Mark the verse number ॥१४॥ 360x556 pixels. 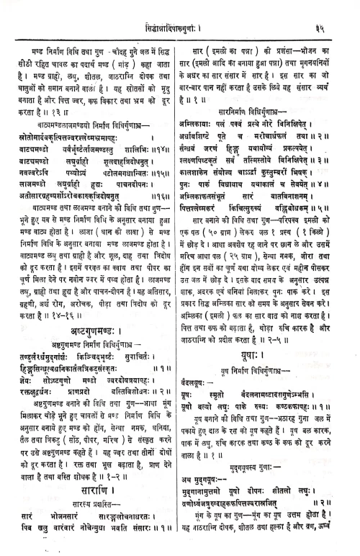164,158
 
